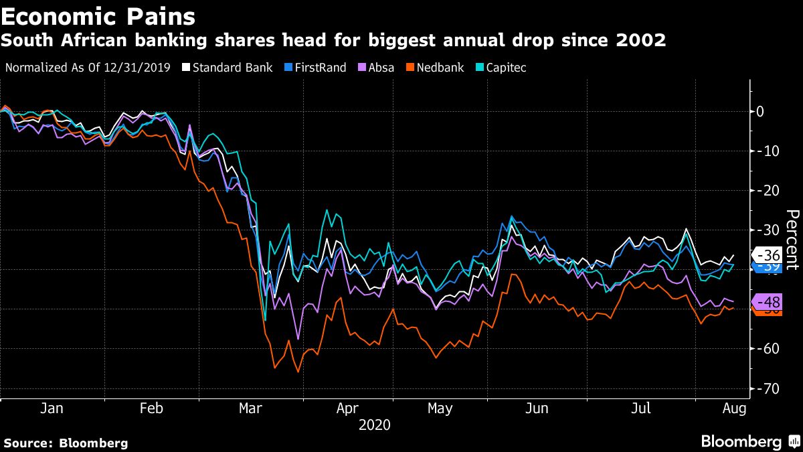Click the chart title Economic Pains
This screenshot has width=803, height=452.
click(98, 15)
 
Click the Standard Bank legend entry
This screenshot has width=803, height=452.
click(228, 68)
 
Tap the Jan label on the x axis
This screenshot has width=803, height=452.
click(52, 408)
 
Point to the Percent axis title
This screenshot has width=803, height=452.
click(792, 239)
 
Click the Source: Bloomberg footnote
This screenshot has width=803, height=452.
click(66, 443)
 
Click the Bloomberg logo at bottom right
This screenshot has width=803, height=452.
click(749, 441)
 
